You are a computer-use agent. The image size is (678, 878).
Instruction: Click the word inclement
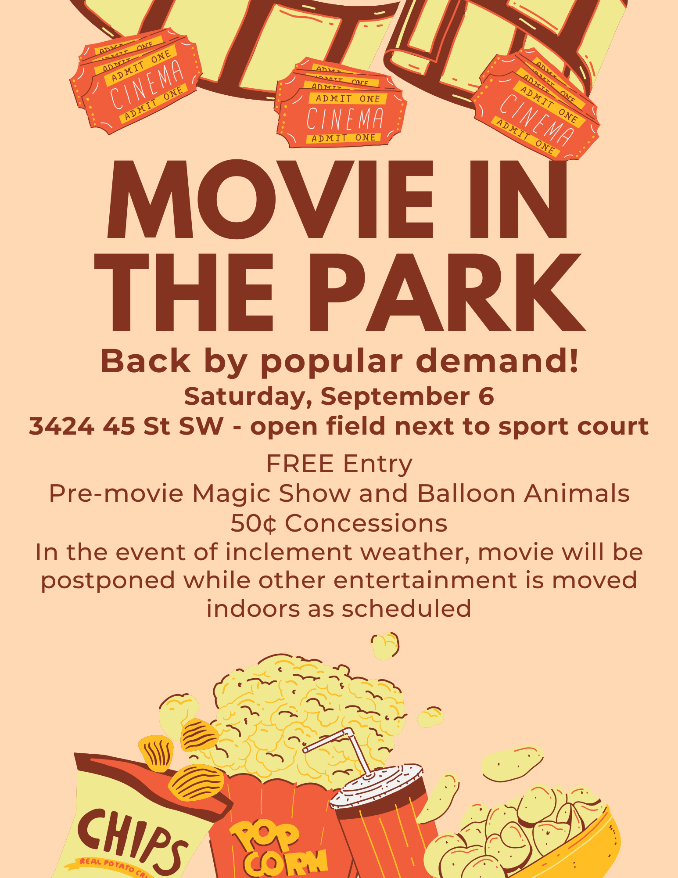(289, 552)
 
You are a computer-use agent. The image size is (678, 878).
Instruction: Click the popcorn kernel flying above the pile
(385, 645)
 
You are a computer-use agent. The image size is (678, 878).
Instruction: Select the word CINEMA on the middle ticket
(345, 119)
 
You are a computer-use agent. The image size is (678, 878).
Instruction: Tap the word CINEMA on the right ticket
(537, 120)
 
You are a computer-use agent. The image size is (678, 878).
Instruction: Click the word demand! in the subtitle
(497, 361)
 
